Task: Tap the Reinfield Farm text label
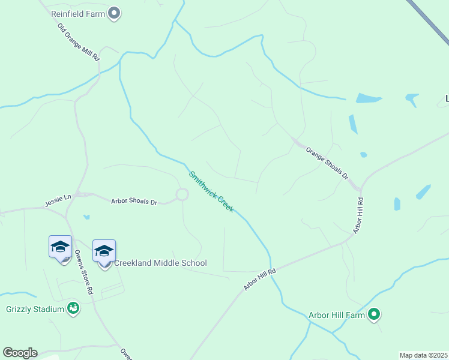77,13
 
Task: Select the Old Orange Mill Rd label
78,41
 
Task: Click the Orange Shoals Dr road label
327,163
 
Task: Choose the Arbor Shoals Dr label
134,201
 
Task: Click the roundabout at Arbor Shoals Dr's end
182,194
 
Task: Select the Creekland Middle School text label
160,263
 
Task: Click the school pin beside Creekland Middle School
104,251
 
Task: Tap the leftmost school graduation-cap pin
60,247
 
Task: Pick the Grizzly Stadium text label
35,309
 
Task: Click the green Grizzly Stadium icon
73,308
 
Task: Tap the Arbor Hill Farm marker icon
375,314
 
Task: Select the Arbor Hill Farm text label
337,314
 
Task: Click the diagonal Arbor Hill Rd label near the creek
259,280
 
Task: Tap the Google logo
20,353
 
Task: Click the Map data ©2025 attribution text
424,355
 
